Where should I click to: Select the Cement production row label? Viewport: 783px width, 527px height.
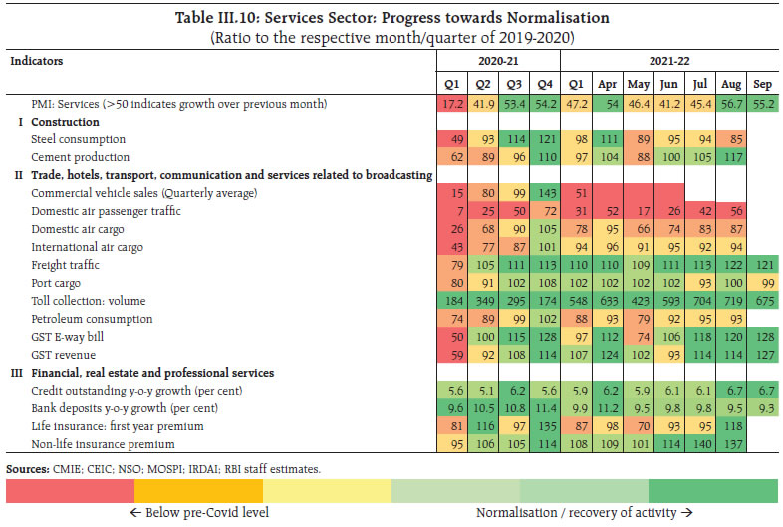pos(80,156)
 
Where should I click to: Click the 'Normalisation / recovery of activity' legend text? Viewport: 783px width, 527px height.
pos(584,514)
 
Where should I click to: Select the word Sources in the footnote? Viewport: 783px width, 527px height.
pos(26,467)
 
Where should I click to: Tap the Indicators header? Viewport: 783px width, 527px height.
pos(36,62)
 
